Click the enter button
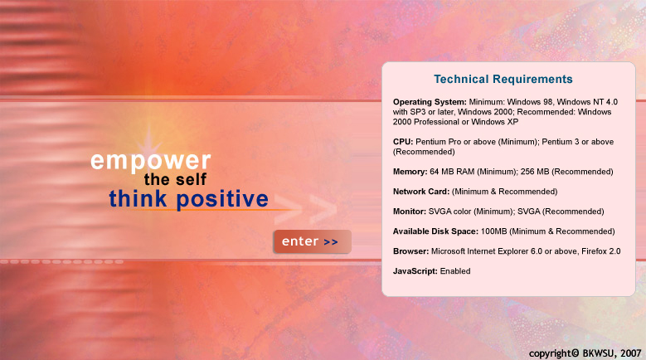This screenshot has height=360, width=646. [313, 241]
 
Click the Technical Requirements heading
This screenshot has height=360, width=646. [503, 79]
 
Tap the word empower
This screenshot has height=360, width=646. [150, 161]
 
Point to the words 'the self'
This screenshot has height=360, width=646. [175, 180]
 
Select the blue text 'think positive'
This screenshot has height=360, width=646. [189, 199]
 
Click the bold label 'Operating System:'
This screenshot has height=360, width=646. [430, 102]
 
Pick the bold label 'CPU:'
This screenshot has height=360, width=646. [403, 142]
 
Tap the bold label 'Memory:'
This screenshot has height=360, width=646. [410, 172]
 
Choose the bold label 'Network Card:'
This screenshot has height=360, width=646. [421, 192]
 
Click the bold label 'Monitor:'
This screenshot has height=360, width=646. [410, 212]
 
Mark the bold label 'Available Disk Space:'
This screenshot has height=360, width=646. [435, 231]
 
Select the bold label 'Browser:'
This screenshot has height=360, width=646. [410, 251]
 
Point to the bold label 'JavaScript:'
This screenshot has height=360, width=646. [415, 271]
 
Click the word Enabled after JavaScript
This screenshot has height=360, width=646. [455, 271]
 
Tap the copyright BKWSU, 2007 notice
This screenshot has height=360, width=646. [585, 353]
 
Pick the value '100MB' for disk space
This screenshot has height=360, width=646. [494, 231]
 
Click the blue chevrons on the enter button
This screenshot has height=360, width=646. [331, 242]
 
